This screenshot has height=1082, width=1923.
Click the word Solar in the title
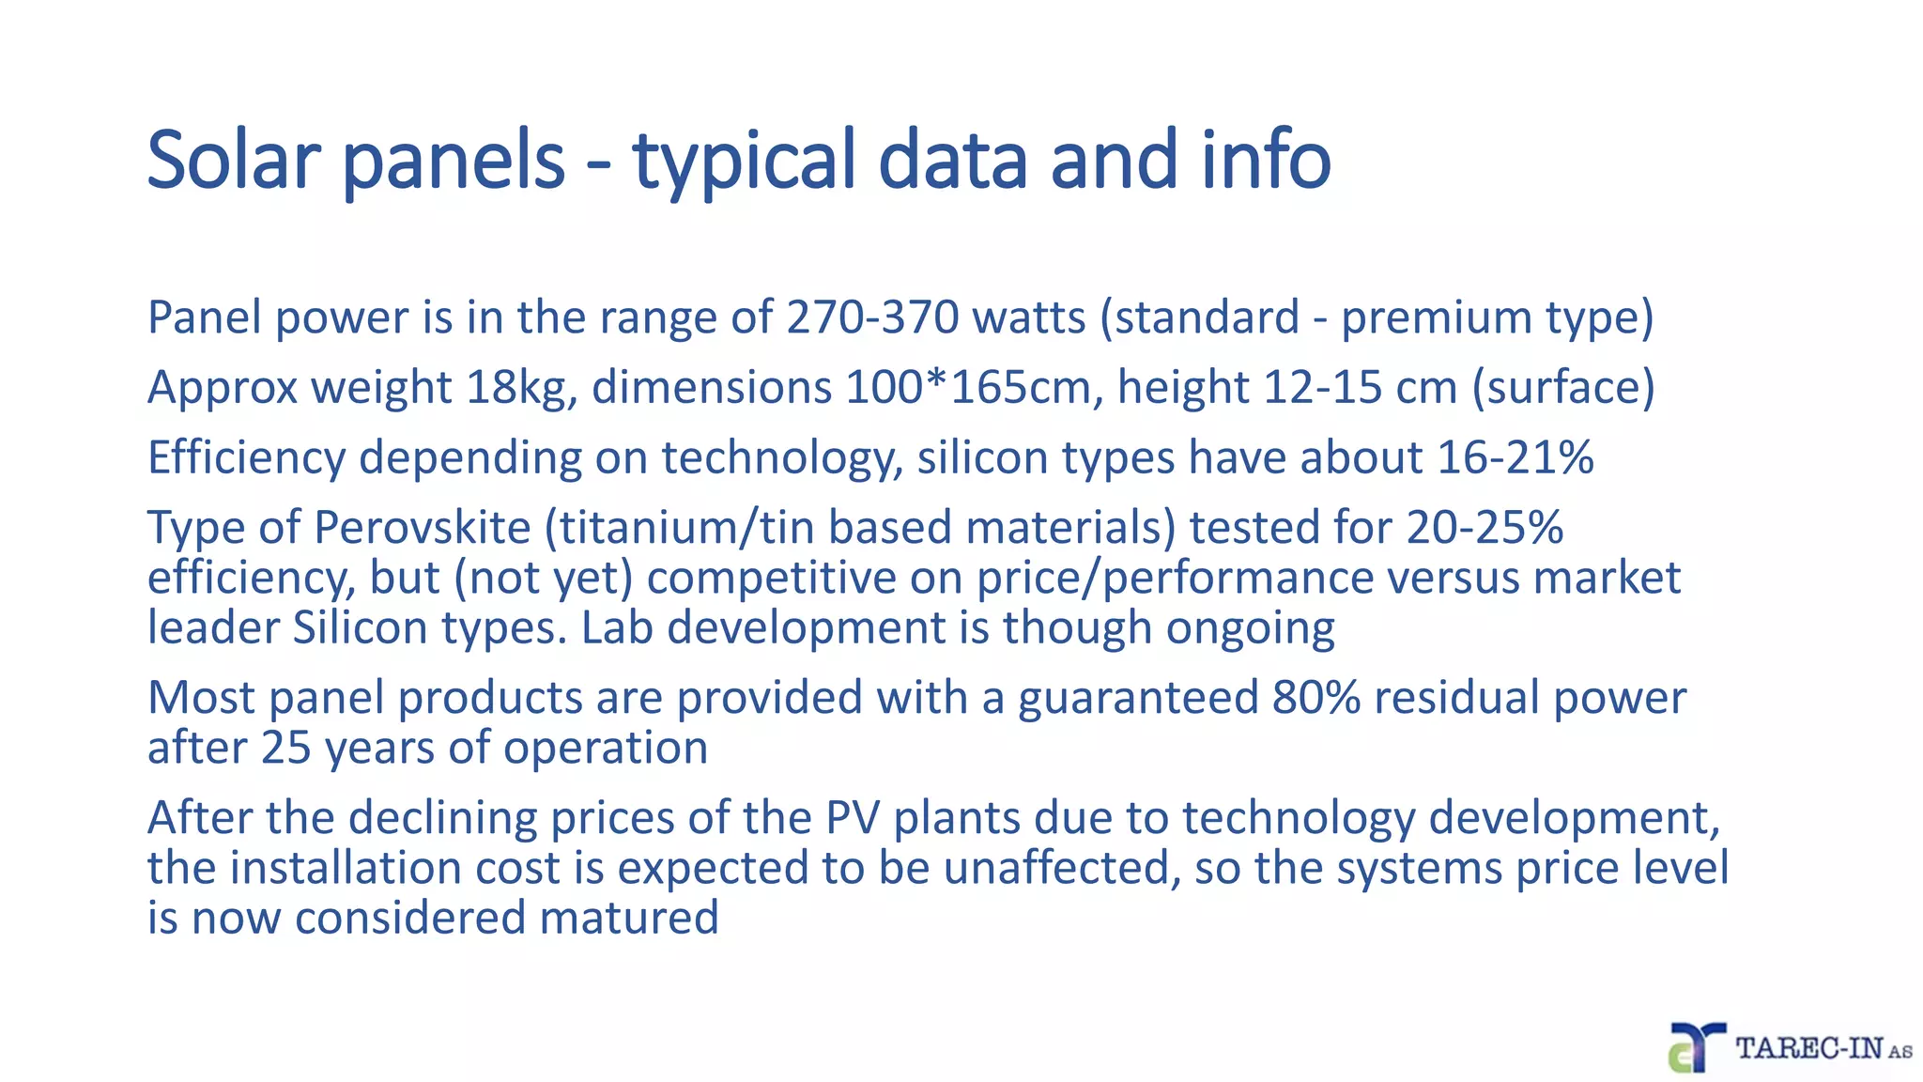pos(234,160)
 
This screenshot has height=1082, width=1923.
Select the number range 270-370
pos(872,317)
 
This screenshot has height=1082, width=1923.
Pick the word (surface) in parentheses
pos(1562,388)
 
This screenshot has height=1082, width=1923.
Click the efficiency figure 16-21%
pos(1515,458)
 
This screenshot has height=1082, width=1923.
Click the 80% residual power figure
pos(1315,699)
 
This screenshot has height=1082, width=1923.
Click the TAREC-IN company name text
pos(1809,1048)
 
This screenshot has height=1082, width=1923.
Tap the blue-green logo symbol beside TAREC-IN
pos(1696,1046)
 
